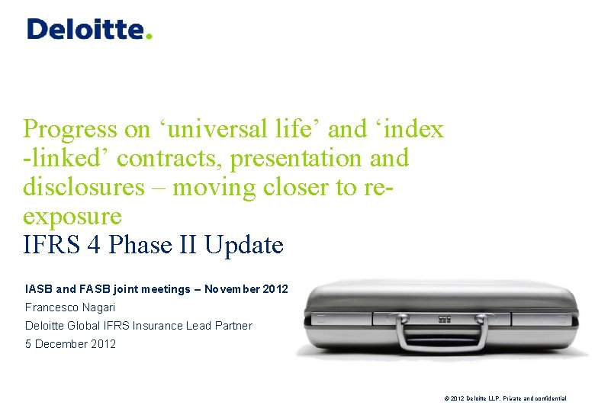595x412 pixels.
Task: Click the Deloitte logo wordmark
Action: coord(85,29)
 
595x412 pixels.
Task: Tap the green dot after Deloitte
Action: coord(149,35)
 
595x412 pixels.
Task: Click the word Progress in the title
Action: coord(69,130)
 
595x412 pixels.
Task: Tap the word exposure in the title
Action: coord(72,217)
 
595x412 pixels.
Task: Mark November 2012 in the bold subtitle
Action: coord(246,289)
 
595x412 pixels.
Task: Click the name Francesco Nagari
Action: coord(70,307)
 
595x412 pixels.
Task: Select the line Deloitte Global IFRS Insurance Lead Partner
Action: coord(138,326)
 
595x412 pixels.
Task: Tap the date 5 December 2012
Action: coord(70,344)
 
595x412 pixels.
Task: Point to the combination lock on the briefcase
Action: coord(444,318)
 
